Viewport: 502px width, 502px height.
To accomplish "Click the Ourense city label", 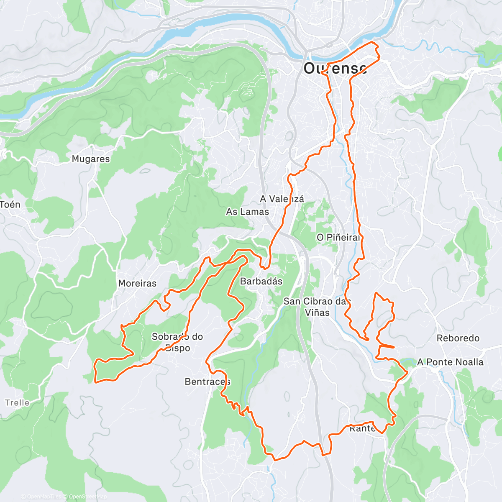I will (335, 68).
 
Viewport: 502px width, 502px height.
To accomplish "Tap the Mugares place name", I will (91, 159).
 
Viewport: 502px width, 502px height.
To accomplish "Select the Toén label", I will (10, 205).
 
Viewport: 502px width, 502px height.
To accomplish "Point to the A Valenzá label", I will (282, 199).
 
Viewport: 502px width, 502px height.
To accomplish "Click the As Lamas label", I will (247, 212).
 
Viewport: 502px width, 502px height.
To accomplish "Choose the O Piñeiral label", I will (338, 237).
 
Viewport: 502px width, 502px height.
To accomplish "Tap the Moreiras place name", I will (137, 283).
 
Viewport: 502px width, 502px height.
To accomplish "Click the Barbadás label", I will (261, 281).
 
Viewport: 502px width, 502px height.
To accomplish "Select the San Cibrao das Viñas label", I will (317, 307).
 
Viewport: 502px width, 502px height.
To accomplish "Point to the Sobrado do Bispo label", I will (177, 342).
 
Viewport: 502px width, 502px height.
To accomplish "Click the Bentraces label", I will (207, 382).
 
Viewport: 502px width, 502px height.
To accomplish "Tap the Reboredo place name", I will (458, 338).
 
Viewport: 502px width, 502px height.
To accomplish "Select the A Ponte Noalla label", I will (450, 362).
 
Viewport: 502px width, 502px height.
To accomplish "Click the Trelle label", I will (17, 402).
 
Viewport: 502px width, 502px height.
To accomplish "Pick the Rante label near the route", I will (362, 429).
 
